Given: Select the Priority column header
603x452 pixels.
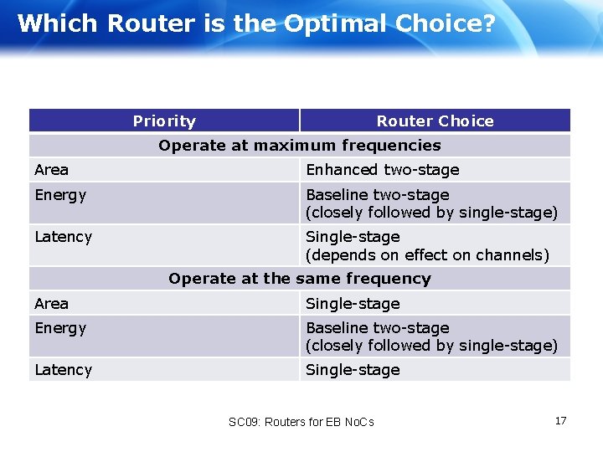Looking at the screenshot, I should pos(164,121).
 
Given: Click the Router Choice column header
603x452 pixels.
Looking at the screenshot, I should pos(435,121).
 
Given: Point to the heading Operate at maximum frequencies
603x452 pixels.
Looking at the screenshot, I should pos(300,146).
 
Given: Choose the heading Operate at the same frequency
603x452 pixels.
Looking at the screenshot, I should pos(300,279).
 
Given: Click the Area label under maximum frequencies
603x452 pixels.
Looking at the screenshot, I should pos(52,170).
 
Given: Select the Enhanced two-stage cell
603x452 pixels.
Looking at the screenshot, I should pos(383,170).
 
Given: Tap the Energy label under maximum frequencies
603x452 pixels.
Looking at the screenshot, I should pos(60,195).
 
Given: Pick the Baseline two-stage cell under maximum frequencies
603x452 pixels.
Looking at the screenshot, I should pos(378,195).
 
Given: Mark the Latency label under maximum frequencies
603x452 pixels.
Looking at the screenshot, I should pos(64,237).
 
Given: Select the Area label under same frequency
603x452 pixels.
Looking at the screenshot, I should pos(52,304).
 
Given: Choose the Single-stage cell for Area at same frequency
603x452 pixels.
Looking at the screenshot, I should pos(353,304).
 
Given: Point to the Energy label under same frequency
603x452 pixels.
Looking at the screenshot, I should pos(60,328).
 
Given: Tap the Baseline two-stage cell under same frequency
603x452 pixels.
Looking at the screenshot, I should pos(378,328).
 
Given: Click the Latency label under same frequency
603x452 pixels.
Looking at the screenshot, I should pos(64,370).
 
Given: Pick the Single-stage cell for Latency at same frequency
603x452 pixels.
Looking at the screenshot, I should pos(353,370).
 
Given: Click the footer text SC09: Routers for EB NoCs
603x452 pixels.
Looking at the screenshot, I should pos(301,422).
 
